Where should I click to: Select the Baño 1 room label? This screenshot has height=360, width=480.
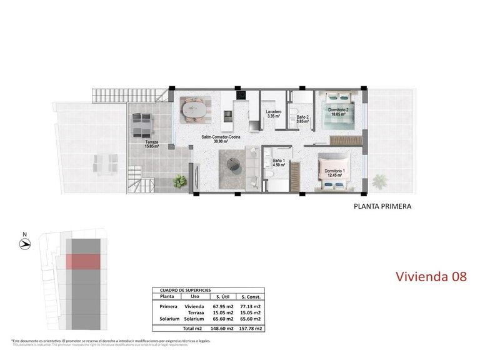(279, 164)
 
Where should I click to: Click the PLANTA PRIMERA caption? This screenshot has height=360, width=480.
(382, 206)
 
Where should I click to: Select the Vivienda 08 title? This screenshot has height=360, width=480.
(431, 276)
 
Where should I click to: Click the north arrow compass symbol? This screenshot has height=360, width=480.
(24, 244)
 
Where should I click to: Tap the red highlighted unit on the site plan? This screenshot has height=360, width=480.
(83, 261)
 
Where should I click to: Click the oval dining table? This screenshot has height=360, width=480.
(196, 111)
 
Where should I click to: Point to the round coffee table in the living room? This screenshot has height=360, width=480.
(236, 164)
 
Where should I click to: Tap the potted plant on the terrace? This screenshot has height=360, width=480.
(180, 182)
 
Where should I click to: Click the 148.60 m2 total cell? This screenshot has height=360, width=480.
(222, 328)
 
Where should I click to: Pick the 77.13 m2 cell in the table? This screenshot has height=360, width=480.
(251, 307)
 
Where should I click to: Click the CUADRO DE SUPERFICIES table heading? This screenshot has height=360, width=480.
(186, 290)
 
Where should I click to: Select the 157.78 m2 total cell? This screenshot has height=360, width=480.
(251, 328)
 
